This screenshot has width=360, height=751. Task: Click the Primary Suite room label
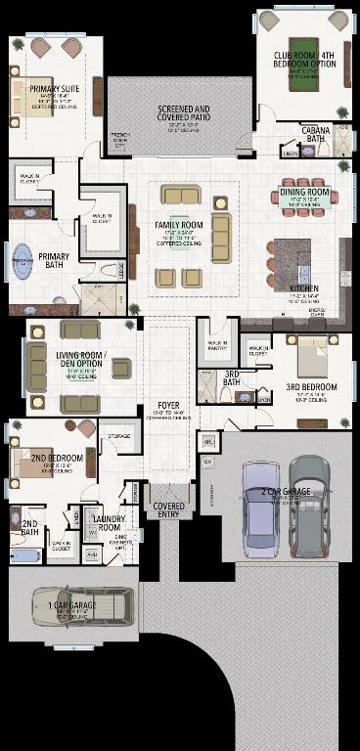(x=55, y=90)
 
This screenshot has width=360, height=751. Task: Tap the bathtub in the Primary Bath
(x=21, y=262)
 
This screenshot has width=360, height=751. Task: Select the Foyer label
(x=168, y=404)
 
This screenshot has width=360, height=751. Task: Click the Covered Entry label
(x=169, y=507)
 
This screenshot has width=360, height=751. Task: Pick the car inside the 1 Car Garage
(x=82, y=605)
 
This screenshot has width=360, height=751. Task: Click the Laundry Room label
(x=107, y=524)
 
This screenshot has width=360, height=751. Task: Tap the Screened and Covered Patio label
(x=183, y=113)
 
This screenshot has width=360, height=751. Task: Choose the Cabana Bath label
(x=317, y=136)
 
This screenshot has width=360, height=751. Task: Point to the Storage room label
(x=119, y=435)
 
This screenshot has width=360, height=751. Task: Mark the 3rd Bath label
(x=233, y=377)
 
